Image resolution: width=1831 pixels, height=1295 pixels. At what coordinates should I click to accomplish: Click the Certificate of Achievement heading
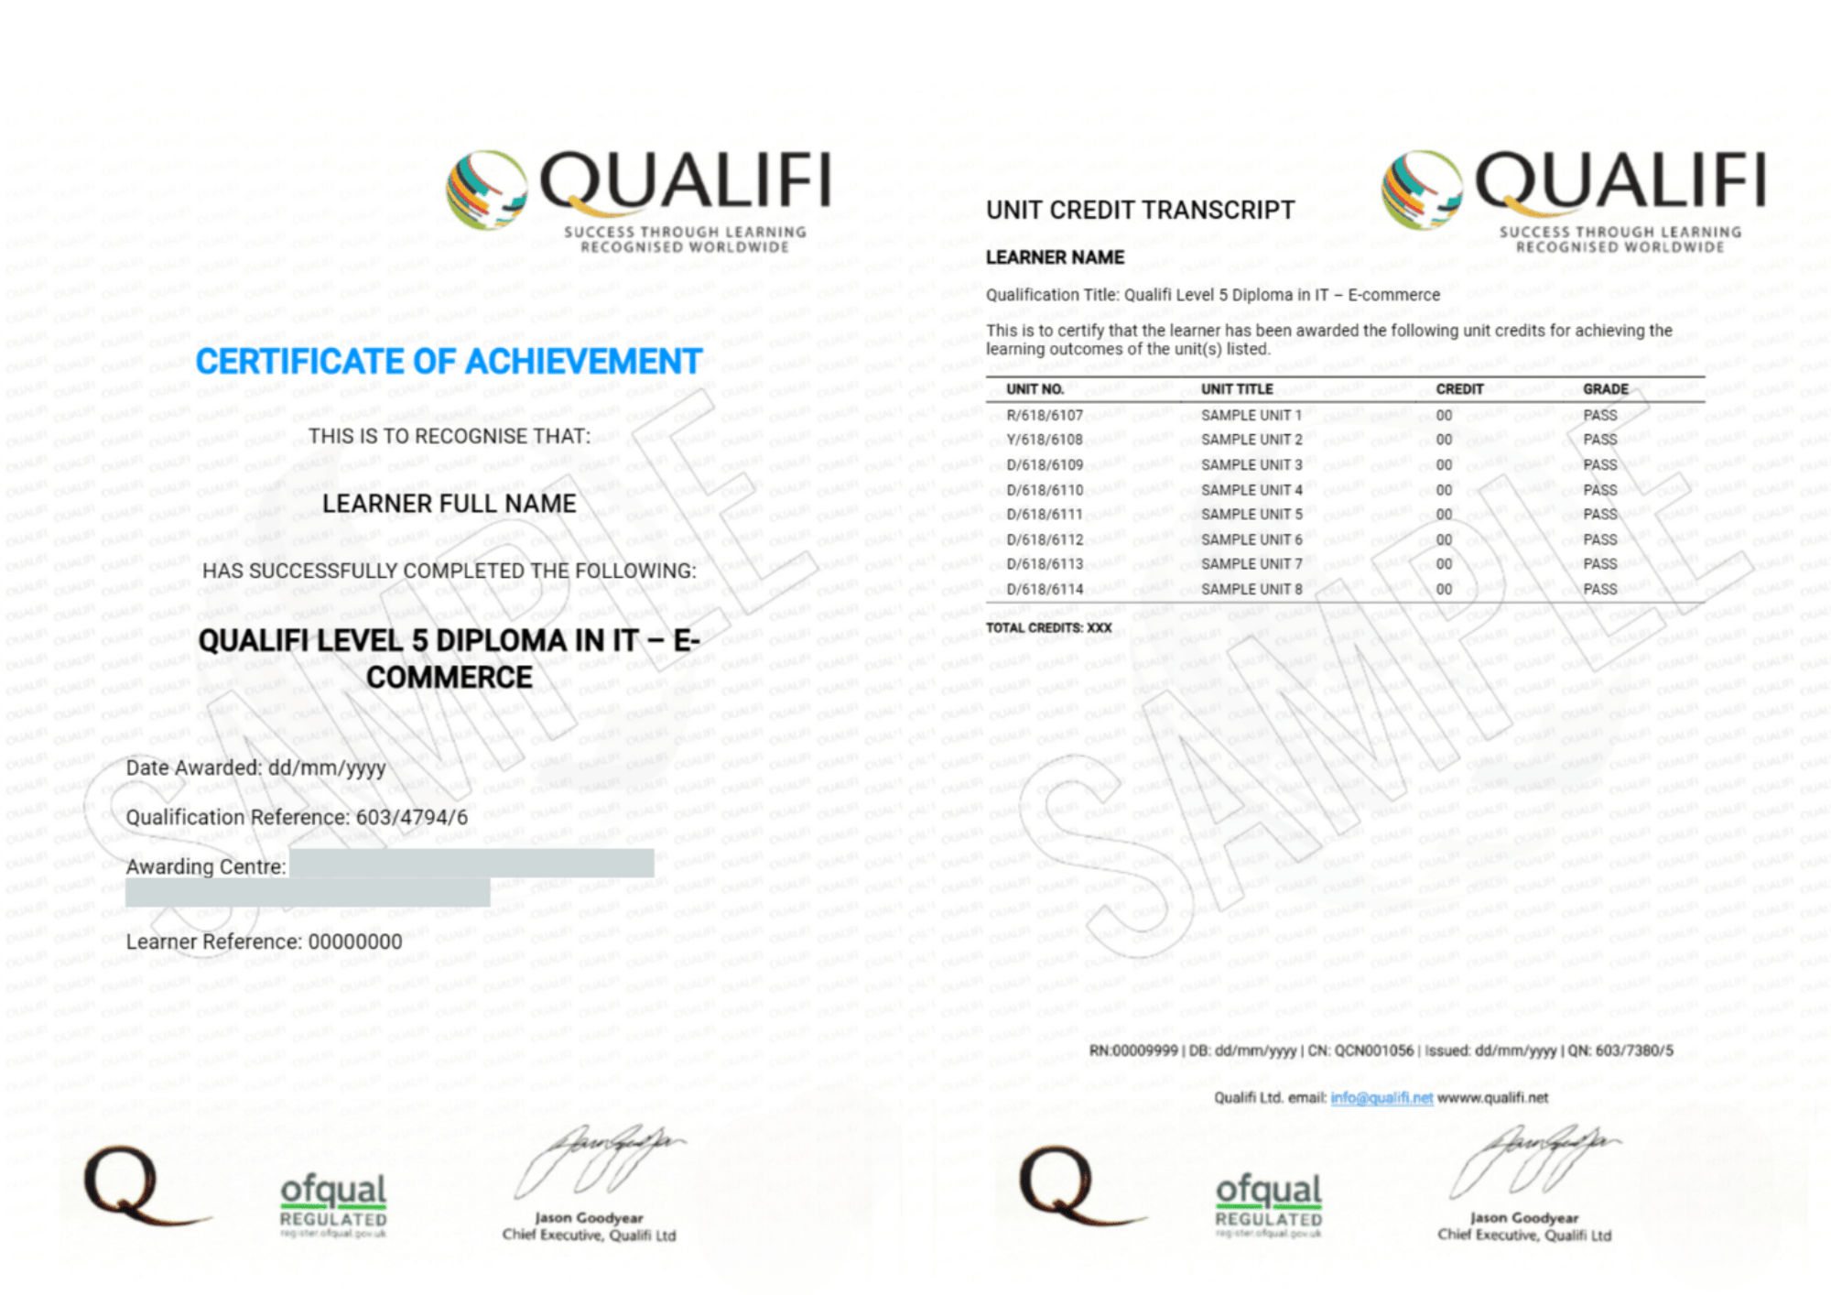pyautogui.click(x=449, y=362)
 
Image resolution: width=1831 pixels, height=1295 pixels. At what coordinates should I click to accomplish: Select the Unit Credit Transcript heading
pyautogui.click(x=1140, y=211)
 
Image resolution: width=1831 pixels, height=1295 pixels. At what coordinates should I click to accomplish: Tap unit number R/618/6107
pyautogui.click(x=1045, y=416)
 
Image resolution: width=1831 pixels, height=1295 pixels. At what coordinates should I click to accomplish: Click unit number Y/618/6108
pyautogui.click(x=1045, y=441)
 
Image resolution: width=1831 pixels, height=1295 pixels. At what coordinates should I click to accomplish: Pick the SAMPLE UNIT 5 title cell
pyautogui.click(x=1251, y=515)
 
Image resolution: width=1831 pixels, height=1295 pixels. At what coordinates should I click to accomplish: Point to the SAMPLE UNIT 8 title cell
pyautogui.click(x=1251, y=590)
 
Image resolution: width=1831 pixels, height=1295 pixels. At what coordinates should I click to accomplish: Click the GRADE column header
pyautogui.click(x=1606, y=389)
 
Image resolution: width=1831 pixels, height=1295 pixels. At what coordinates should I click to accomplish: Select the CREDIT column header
pyautogui.click(x=1459, y=389)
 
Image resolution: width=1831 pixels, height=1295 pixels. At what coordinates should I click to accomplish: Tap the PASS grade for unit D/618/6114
pyautogui.click(x=1600, y=590)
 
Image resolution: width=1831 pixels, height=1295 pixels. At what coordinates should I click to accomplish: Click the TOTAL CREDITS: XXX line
pyautogui.click(x=1048, y=628)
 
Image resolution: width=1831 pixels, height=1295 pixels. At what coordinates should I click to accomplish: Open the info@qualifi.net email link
pyautogui.click(x=1381, y=1098)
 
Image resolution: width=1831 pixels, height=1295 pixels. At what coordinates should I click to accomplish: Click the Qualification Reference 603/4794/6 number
pyautogui.click(x=412, y=817)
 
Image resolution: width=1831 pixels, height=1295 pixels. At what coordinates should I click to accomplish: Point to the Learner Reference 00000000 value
pyautogui.click(x=355, y=942)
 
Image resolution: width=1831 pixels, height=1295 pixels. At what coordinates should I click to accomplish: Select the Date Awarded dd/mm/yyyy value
pyautogui.click(x=327, y=767)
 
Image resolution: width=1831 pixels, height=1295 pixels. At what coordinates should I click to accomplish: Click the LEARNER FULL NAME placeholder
pyautogui.click(x=449, y=505)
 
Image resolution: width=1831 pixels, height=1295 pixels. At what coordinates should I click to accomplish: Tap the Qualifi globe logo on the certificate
pyautogui.click(x=486, y=190)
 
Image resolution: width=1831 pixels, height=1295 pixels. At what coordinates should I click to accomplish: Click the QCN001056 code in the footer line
pyautogui.click(x=1373, y=1050)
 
